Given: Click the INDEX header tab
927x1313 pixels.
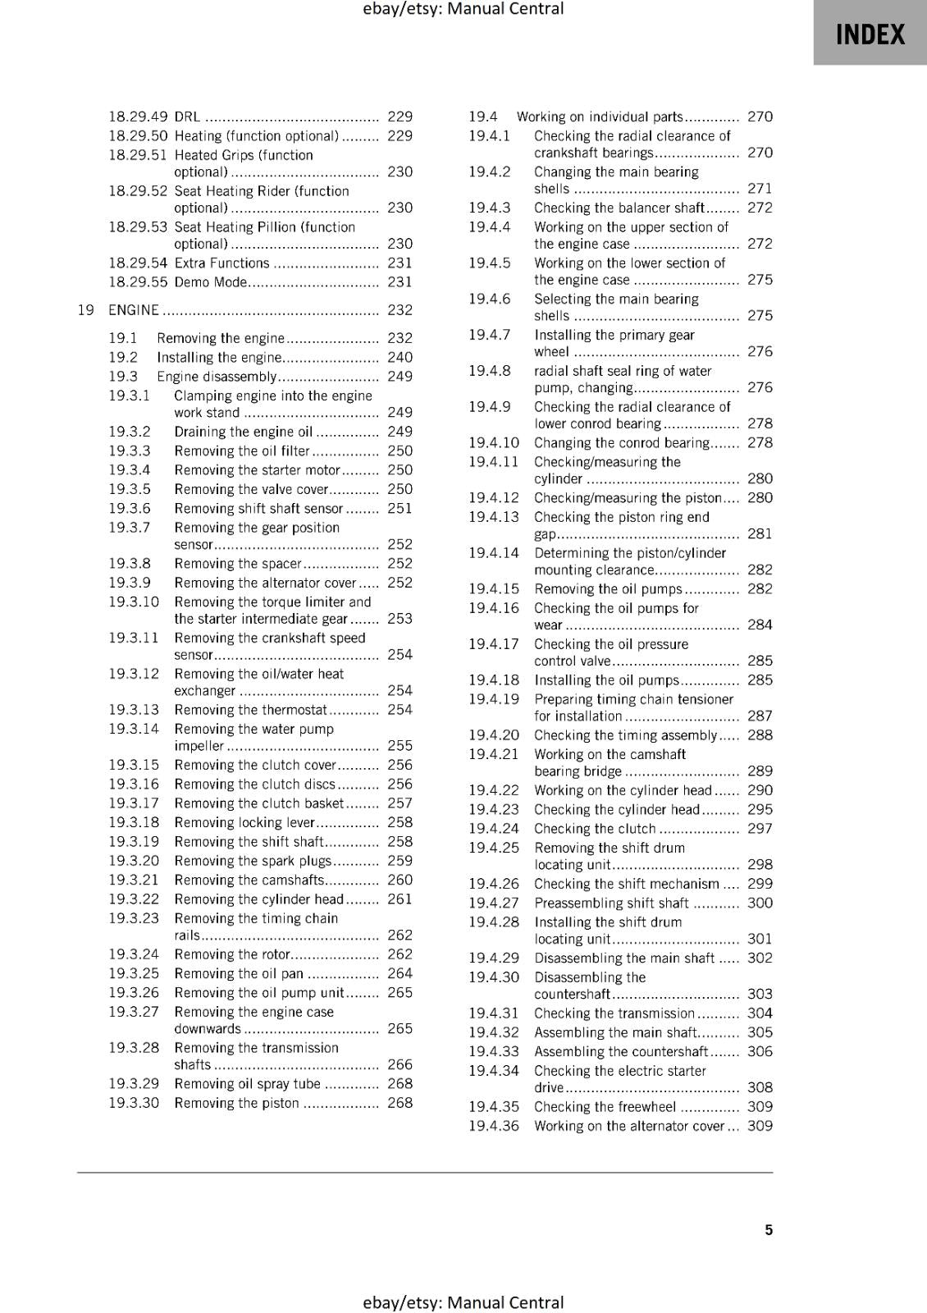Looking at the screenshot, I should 870,34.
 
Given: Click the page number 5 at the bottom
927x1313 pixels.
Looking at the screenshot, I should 769,1229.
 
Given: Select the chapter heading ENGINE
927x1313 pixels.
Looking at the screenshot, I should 134,310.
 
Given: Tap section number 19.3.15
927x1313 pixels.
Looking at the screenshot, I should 134,765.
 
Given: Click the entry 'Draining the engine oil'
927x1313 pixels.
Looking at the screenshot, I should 244,432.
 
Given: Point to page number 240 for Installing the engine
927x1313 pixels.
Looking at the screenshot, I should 400,357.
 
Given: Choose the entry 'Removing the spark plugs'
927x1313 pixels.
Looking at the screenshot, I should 253,861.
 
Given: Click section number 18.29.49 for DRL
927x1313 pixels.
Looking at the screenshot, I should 138,117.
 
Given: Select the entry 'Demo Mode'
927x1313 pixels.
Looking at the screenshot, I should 211,282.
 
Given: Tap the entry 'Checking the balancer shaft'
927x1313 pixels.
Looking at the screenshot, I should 619,208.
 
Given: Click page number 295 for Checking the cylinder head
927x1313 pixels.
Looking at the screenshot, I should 760,809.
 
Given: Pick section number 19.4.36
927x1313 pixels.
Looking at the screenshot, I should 494,1126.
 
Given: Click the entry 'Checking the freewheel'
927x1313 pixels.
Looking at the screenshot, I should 605,1106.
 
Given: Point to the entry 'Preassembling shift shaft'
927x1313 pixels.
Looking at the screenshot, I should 611,903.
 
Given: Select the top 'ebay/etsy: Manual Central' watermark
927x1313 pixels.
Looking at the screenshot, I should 463,9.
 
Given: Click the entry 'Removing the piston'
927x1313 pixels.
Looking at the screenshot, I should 236,1103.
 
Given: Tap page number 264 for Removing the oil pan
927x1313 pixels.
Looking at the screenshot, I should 400,973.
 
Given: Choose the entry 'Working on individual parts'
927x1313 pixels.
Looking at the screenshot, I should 599,117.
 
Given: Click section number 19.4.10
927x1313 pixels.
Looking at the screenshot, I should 494,442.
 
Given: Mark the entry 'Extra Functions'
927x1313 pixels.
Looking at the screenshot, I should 221,263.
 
